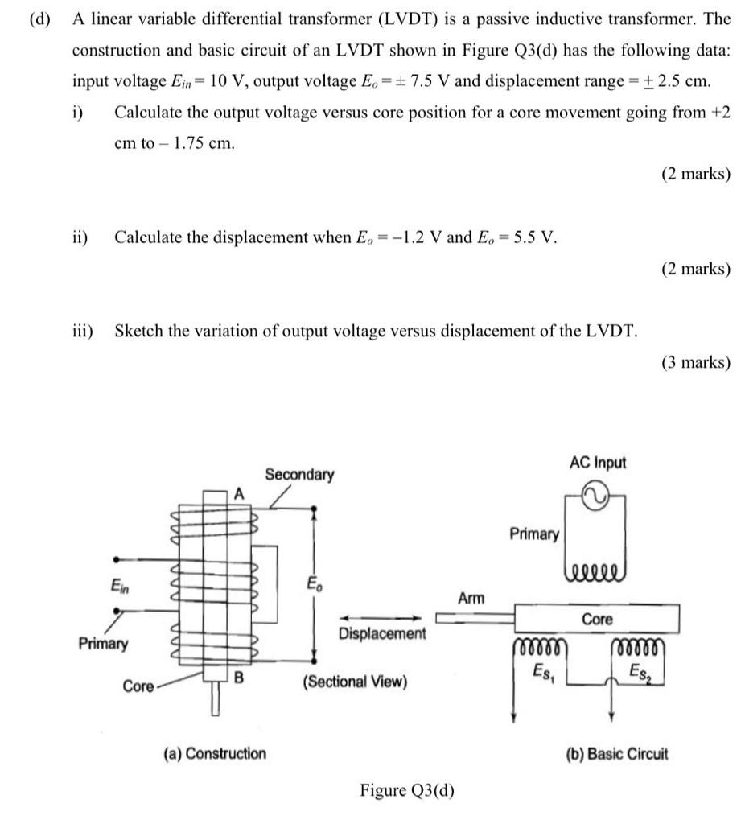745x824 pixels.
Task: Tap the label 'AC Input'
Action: [597, 463]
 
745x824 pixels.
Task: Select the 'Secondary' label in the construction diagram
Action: [299, 474]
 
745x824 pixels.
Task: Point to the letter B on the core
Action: [238, 679]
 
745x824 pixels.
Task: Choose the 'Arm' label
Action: [471, 597]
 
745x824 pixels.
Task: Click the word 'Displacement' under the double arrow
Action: [382, 633]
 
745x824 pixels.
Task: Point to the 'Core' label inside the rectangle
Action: [597, 619]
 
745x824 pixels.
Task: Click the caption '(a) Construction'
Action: [214, 753]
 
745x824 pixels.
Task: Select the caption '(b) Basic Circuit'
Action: [617, 753]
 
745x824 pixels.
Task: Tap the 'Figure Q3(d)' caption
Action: [406, 790]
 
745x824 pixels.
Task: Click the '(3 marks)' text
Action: [696, 362]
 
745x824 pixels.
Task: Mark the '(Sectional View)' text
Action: [355, 682]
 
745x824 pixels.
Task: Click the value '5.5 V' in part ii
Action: [535, 237]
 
